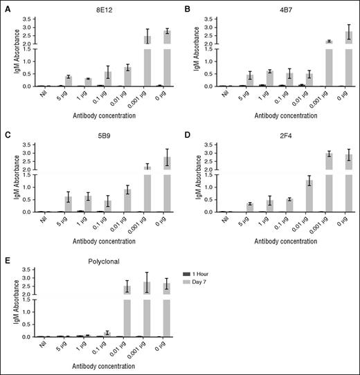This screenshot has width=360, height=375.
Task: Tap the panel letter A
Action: (x=6, y=8)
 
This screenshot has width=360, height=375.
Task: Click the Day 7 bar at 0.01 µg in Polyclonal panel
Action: (x=127, y=311)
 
